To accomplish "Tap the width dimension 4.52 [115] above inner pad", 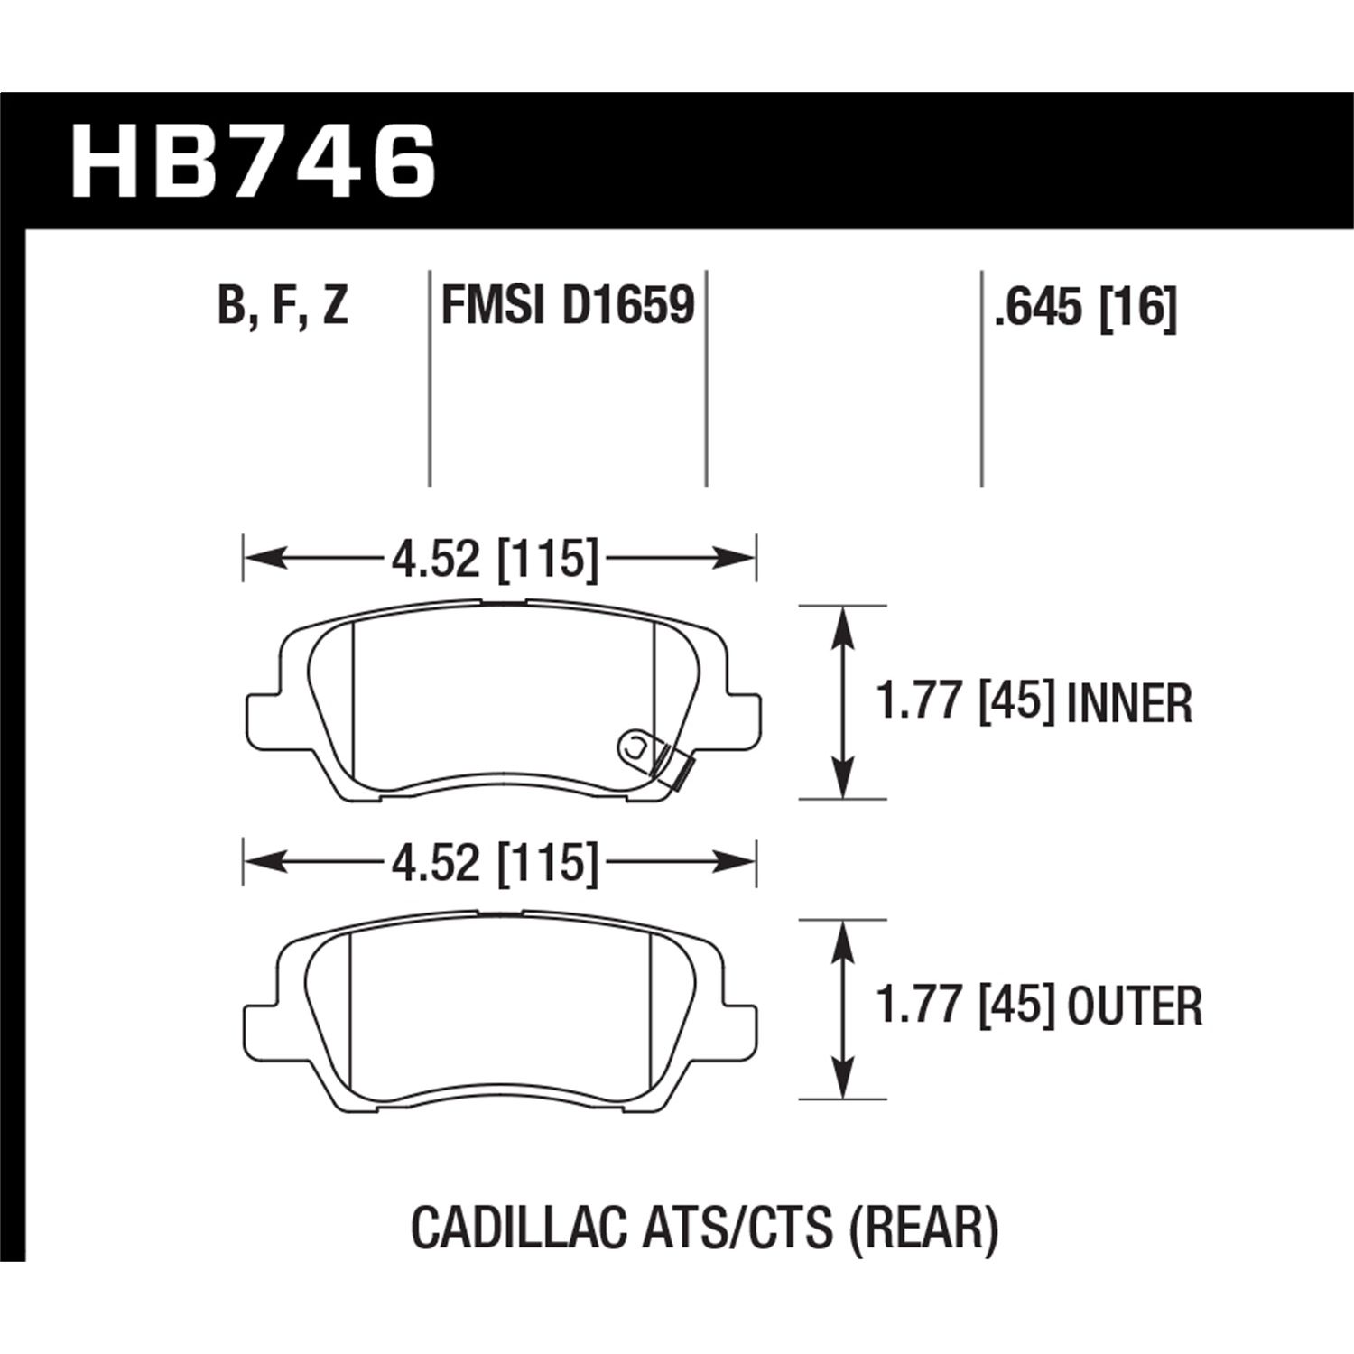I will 496,559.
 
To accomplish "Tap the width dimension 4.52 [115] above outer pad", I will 496,863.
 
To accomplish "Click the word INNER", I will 1129,704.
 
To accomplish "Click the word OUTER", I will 1135,1006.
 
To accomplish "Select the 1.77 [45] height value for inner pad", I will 965,702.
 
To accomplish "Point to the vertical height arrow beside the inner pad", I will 842,702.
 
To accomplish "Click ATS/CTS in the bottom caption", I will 737,1229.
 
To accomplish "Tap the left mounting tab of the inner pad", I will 264,722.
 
